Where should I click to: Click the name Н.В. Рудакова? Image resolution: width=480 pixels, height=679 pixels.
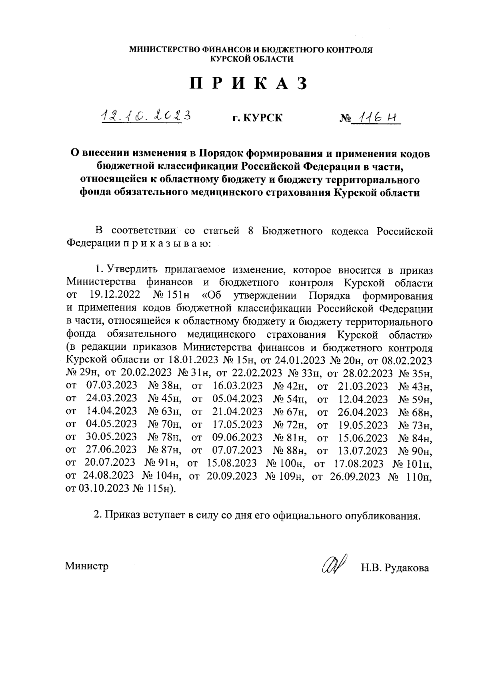click(394, 568)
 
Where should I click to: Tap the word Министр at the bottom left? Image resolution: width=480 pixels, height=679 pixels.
click(87, 567)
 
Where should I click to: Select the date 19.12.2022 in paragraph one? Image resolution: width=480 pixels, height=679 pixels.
click(114, 296)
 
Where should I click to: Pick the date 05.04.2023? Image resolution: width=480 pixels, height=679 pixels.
click(238, 399)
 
